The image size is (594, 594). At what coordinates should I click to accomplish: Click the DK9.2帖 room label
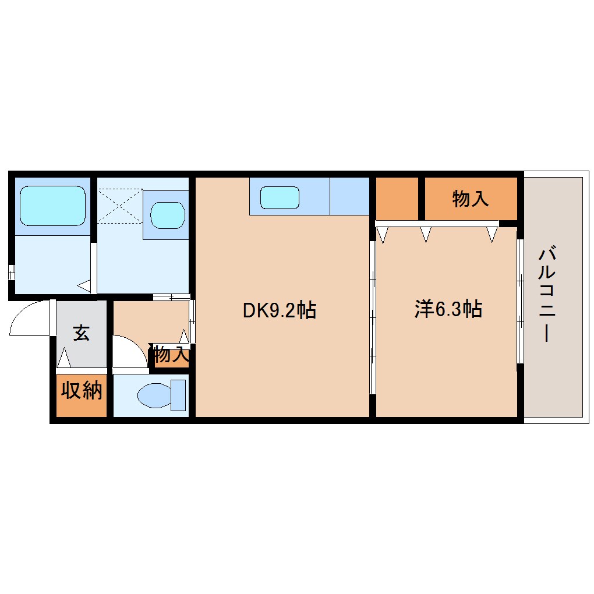pos(279,310)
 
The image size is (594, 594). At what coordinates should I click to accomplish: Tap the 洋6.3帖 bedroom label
pos(448,309)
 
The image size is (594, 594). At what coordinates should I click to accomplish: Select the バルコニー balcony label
pos(547,294)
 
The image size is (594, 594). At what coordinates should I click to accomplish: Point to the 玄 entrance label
pos(81,333)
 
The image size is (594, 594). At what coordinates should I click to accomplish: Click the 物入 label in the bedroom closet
pos(471,199)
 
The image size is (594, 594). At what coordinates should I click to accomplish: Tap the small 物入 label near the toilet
pos(171,355)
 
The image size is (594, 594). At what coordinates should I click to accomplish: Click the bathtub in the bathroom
pos(52,206)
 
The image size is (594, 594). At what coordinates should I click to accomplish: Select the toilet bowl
pos(154,395)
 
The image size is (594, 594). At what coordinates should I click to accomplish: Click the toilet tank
pos(178,395)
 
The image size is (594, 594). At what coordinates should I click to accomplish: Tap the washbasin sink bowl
pos(168,215)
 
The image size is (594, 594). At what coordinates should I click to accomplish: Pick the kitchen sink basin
pos(280,197)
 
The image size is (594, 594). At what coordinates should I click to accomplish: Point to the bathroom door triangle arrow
pos(84,285)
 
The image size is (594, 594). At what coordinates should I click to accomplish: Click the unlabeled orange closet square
pos(397,199)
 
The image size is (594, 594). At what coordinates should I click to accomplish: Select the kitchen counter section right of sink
pos(349,196)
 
